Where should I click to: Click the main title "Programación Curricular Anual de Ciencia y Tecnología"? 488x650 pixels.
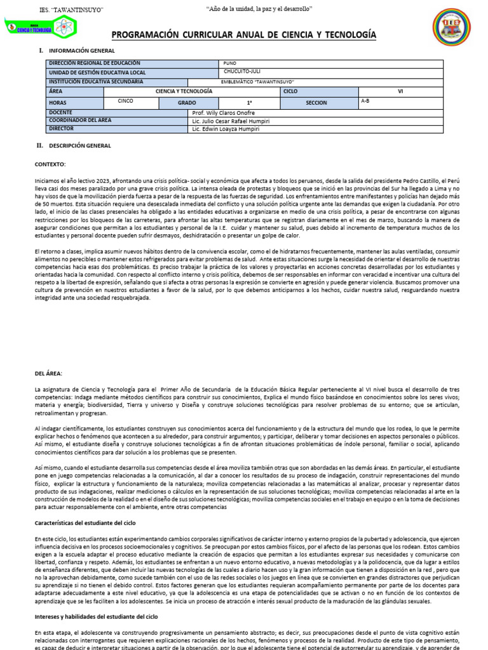(x=243, y=34)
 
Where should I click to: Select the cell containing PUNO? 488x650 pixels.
(x=230, y=63)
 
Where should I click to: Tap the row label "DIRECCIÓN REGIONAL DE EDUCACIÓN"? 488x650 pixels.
(x=94, y=63)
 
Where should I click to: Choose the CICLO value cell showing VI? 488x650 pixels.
(x=400, y=91)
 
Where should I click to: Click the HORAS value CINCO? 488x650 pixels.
(x=125, y=101)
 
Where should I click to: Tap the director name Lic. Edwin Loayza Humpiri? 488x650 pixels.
(x=225, y=128)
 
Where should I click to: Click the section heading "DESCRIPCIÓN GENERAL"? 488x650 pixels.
(x=79, y=145)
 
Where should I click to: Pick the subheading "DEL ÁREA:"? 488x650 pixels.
(x=49, y=373)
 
